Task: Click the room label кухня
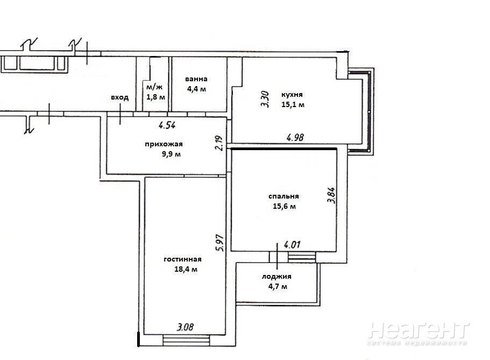(x=292, y=95)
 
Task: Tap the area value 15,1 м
(x=293, y=105)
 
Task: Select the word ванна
(x=196, y=79)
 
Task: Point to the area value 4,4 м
(x=196, y=89)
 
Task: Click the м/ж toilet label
(x=154, y=87)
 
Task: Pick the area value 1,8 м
(x=155, y=97)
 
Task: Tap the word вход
(x=120, y=97)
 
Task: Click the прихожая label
(x=164, y=144)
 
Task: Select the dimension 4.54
(x=167, y=125)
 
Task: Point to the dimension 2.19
(x=219, y=143)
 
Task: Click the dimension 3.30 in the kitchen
(x=265, y=99)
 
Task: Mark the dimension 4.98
(x=295, y=137)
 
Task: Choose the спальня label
(x=284, y=196)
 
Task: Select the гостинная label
(x=182, y=259)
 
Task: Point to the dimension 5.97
(x=221, y=243)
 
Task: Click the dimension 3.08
(x=186, y=327)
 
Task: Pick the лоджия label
(x=276, y=277)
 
